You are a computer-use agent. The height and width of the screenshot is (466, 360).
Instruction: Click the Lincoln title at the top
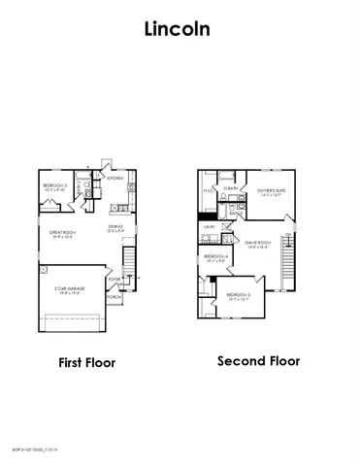[179, 29]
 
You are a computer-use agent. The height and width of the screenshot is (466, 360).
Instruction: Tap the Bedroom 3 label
[54, 185]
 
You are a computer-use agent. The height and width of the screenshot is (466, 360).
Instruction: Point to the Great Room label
[63, 232]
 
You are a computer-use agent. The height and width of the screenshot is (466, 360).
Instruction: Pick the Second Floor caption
[259, 361]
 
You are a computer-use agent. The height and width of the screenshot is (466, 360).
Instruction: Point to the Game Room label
[256, 242]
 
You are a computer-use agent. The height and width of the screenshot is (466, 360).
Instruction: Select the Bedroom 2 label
[240, 295]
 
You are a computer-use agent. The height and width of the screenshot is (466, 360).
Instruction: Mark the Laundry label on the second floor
[209, 226]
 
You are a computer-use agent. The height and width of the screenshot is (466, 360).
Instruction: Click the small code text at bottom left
[30, 449]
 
